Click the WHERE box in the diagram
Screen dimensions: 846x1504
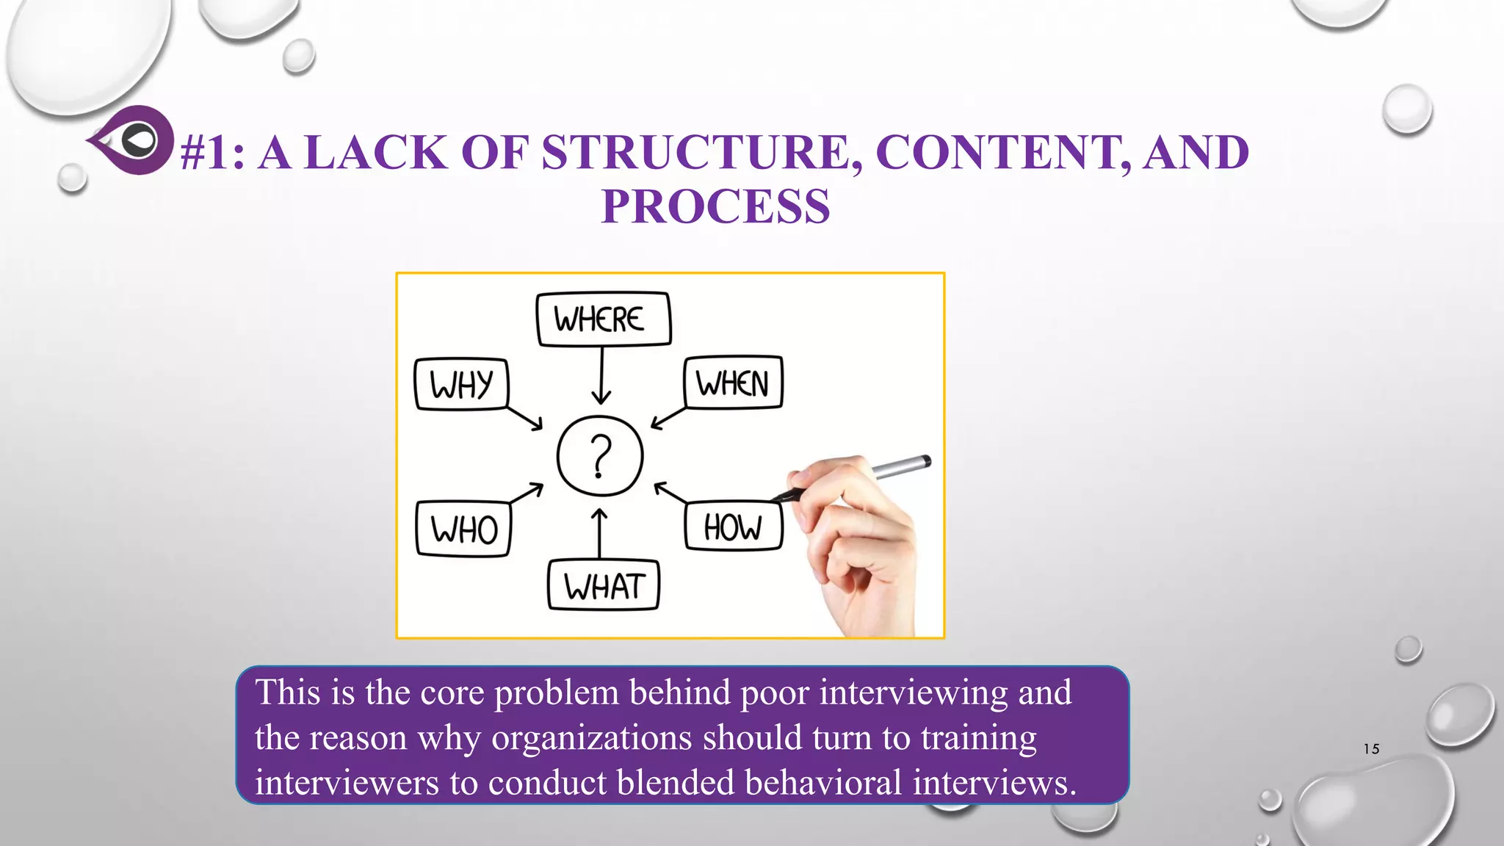coord(603,319)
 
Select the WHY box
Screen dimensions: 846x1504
coord(461,384)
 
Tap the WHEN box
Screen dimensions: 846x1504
coord(732,383)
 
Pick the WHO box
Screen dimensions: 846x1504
coord(463,529)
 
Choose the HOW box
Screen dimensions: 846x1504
coord(733,527)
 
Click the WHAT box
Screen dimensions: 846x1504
coord(604,586)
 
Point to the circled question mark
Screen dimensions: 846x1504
coord(600,456)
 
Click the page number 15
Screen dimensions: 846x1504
coord(1371,749)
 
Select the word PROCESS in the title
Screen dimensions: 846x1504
coord(715,207)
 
